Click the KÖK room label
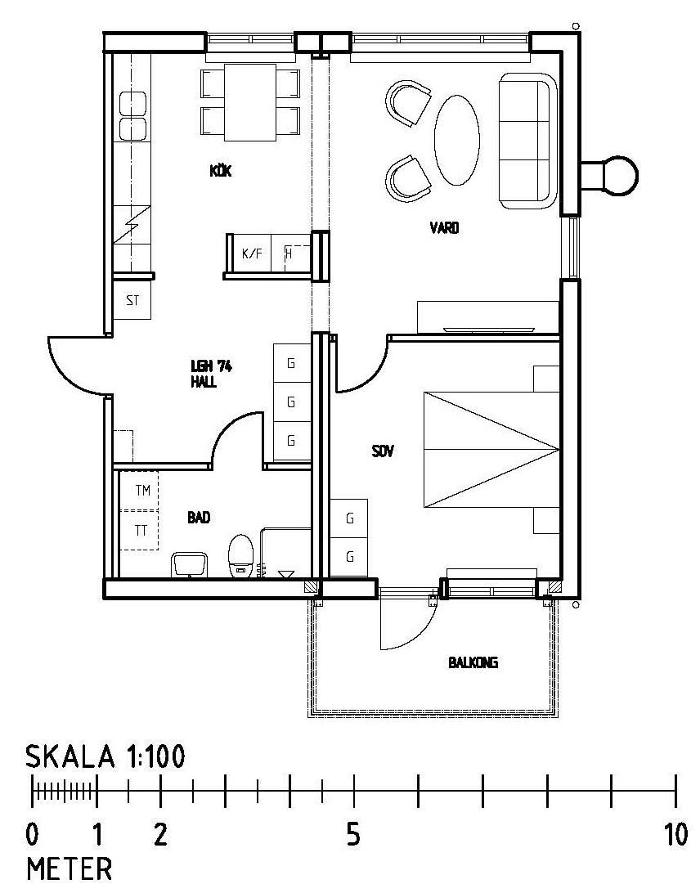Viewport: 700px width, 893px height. [x=221, y=170]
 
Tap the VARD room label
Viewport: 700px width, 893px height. [x=444, y=228]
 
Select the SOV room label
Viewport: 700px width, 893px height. [x=383, y=451]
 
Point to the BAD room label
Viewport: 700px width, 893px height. [x=199, y=517]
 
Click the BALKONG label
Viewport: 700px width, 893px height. [x=473, y=662]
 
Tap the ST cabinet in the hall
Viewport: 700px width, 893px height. [x=132, y=299]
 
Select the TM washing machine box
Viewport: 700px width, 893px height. [x=139, y=491]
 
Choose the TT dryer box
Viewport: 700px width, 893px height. [x=139, y=530]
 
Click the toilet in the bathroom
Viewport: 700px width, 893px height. [x=241, y=556]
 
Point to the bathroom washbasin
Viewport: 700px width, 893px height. [x=190, y=563]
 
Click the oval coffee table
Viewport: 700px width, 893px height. [x=457, y=140]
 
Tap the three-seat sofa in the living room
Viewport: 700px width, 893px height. [x=528, y=141]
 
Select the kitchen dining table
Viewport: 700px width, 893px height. [x=250, y=102]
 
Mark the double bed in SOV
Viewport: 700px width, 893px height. [x=491, y=449]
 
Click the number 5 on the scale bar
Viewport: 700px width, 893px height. [x=354, y=836]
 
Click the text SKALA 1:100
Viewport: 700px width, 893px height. [x=106, y=757]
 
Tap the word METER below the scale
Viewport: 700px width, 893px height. [x=70, y=869]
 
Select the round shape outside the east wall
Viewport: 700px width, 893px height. [x=620, y=176]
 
